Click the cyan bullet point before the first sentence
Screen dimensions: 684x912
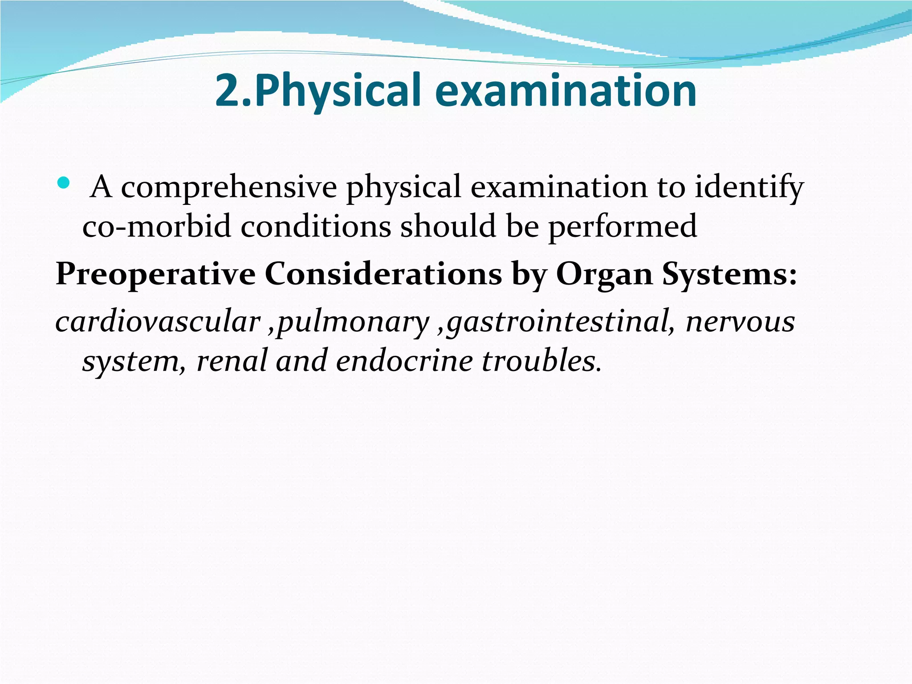(64, 183)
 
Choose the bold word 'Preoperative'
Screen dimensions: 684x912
(155, 274)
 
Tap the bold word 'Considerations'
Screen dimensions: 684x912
(383, 273)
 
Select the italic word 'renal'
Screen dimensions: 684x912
(231, 360)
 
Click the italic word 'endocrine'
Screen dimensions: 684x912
(404, 360)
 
